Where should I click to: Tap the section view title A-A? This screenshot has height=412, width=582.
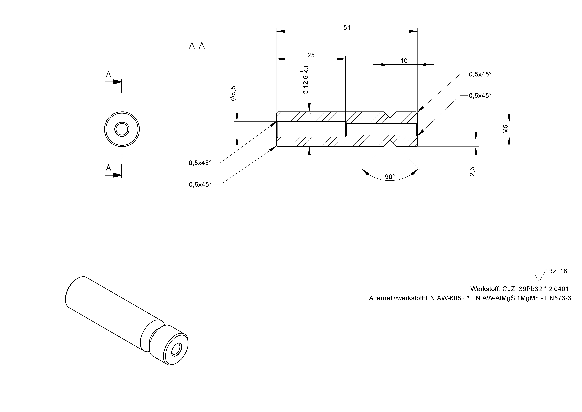pyautogui.click(x=197, y=46)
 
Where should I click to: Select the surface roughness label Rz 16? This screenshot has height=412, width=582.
pyautogui.click(x=557, y=271)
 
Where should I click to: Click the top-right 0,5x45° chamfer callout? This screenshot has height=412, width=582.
pyautogui.click(x=480, y=74)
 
